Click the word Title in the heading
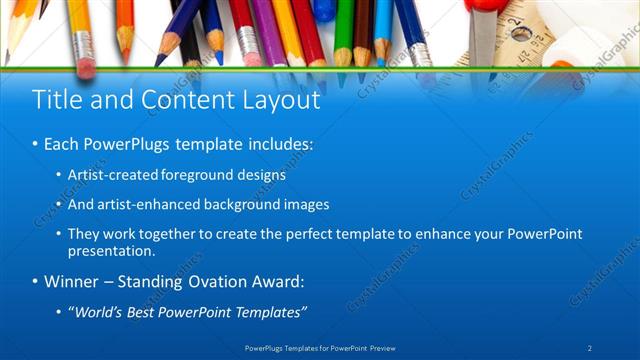point(58,100)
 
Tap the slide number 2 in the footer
point(590,348)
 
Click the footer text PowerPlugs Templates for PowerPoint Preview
point(319,348)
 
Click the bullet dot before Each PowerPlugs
point(35,145)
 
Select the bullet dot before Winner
point(35,282)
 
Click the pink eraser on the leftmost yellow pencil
point(85,66)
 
